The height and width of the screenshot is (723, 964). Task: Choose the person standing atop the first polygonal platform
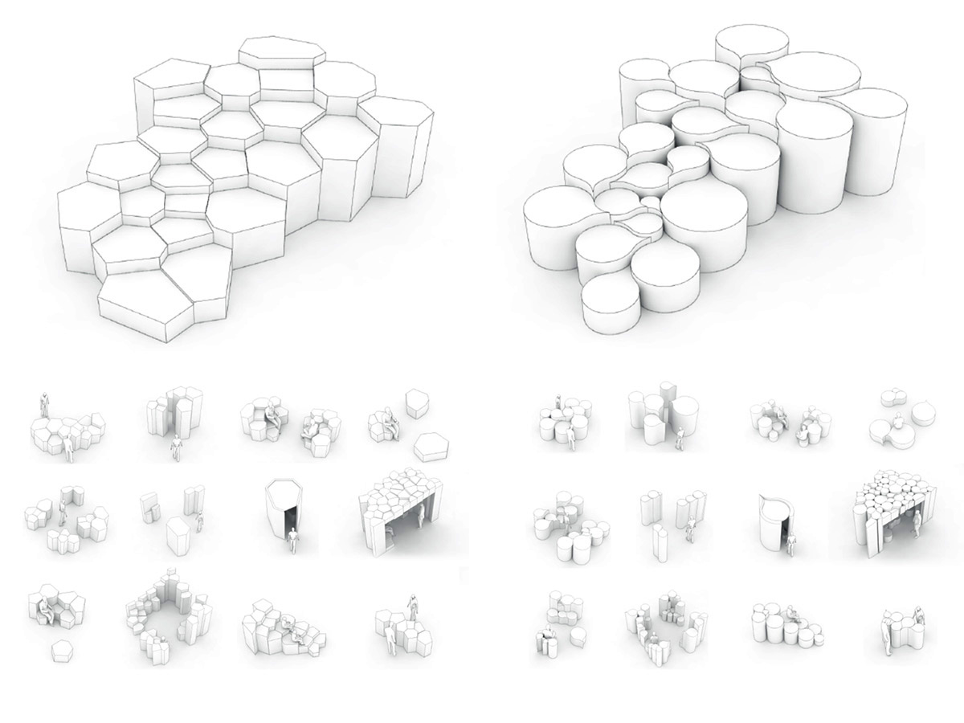point(46,402)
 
